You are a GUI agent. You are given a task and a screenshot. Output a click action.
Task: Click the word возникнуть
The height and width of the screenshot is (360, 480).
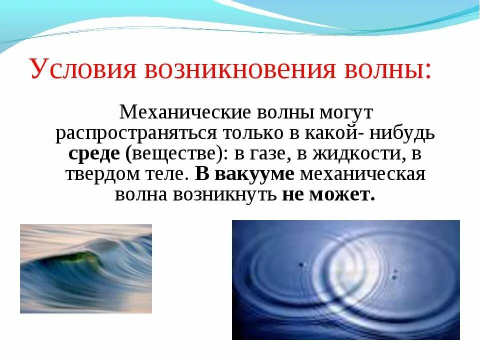[225, 194]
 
